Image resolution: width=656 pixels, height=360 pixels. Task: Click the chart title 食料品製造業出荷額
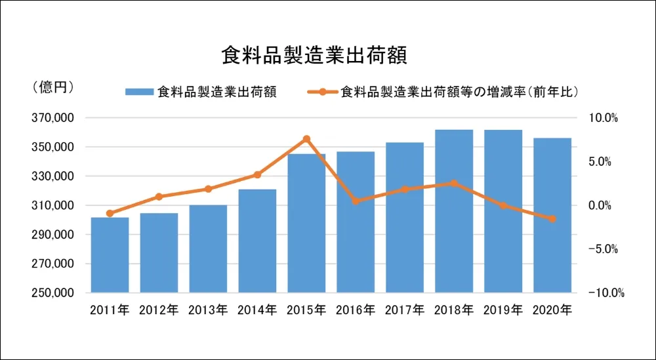click(314, 55)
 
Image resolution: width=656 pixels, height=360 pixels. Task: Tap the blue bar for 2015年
click(306, 223)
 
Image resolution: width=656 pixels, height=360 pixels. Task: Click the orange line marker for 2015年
click(306, 139)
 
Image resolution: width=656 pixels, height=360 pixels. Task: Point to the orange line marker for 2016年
click(356, 201)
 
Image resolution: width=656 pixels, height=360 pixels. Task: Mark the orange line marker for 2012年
click(159, 197)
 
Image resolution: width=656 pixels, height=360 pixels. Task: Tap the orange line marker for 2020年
click(552, 219)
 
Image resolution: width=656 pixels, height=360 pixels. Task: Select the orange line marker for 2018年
click(454, 184)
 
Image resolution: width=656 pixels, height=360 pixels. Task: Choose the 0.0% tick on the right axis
click(605, 205)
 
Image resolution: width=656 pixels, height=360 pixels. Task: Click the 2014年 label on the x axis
click(258, 310)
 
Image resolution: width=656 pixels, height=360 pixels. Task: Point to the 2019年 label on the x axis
click(504, 310)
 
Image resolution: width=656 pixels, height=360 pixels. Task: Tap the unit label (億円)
click(52, 87)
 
